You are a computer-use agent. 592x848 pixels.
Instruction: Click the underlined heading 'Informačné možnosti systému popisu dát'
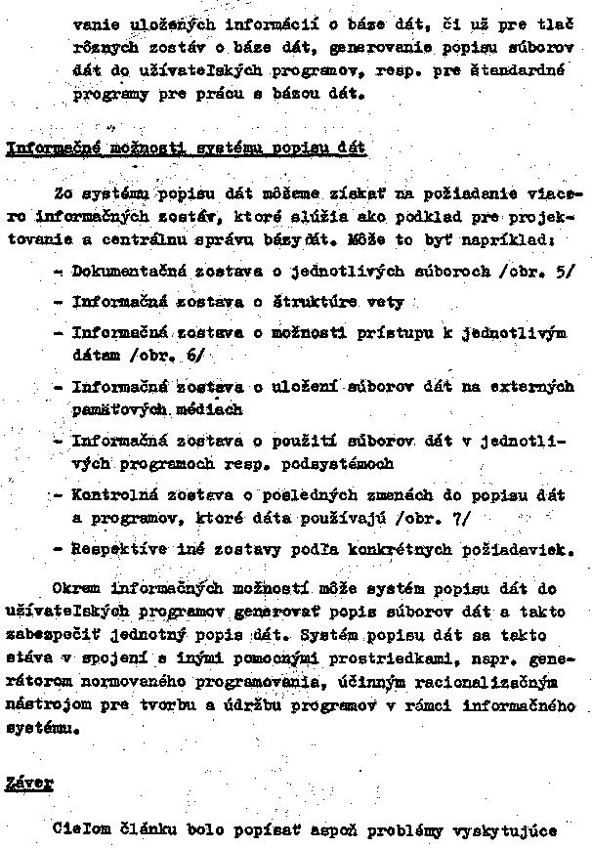186,149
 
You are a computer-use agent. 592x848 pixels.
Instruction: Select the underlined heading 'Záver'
31,781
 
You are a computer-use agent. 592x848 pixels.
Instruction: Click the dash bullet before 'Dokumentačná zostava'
62,270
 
